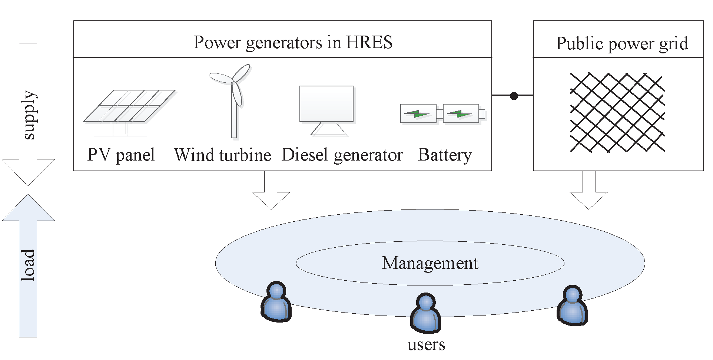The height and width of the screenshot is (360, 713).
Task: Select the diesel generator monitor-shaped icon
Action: (x=326, y=106)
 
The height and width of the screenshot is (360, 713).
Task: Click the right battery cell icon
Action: (x=461, y=113)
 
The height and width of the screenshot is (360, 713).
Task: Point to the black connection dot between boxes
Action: (x=514, y=96)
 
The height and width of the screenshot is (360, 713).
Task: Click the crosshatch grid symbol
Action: (x=617, y=112)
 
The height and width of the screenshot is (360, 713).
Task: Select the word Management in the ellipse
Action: (x=430, y=263)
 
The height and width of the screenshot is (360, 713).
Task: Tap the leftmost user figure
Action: (x=276, y=302)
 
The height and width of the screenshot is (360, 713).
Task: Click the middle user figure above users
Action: (x=425, y=314)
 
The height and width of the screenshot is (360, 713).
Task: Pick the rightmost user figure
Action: (x=572, y=306)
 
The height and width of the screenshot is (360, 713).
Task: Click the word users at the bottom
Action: (x=426, y=345)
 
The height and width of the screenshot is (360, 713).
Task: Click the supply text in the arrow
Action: (x=29, y=115)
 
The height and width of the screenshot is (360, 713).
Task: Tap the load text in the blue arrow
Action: (x=28, y=265)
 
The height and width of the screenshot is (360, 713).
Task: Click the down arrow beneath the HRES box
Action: (x=271, y=191)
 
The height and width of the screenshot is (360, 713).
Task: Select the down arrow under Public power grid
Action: (x=588, y=191)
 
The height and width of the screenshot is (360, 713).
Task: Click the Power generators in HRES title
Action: (x=293, y=42)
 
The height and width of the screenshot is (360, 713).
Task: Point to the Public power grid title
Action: (x=622, y=44)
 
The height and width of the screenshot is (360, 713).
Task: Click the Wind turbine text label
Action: (x=223, y=155)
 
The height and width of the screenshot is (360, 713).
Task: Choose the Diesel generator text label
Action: (x=342, y=155)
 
